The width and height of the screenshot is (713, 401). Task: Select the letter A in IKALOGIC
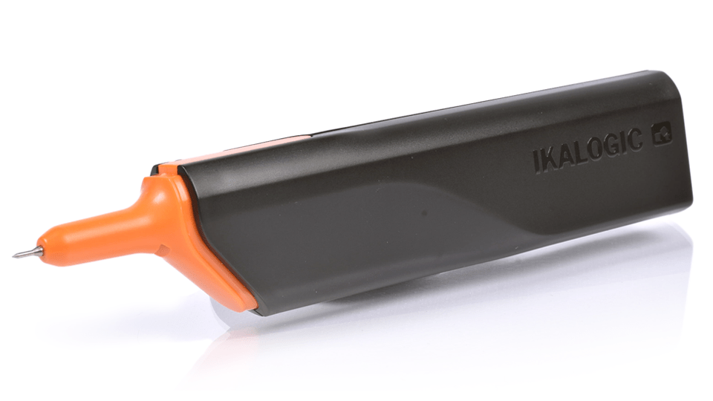(570, 155)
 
